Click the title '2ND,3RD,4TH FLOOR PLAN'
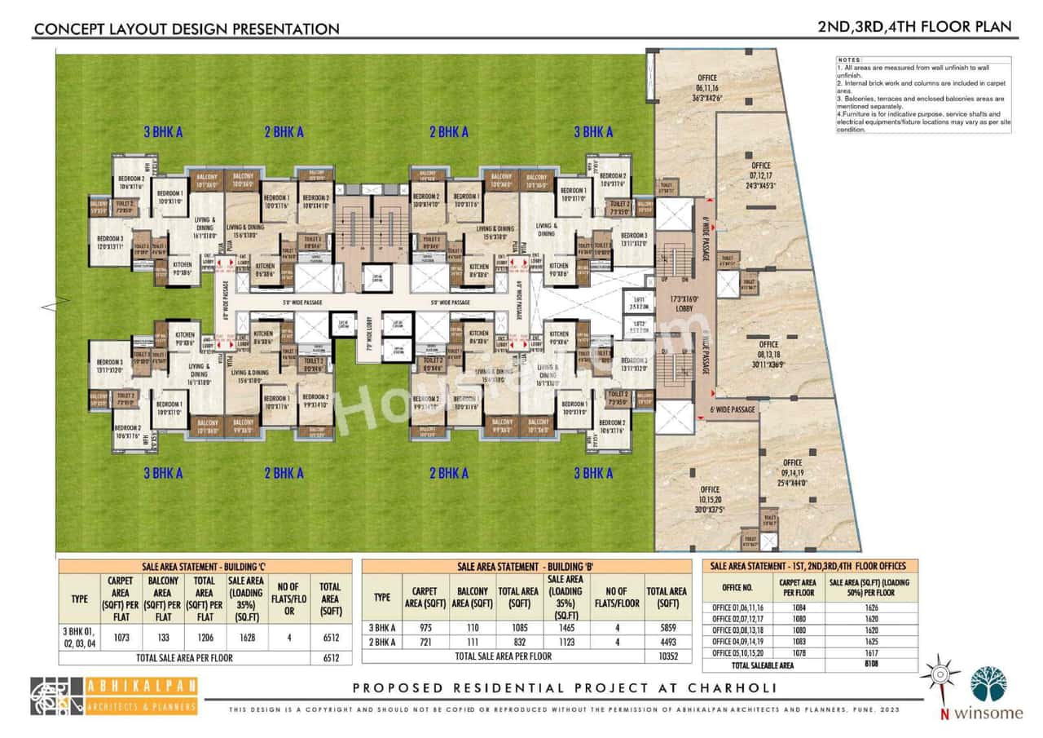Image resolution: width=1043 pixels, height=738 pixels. (x=914, y=27)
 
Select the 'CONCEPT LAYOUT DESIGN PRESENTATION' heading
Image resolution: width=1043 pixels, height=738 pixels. (x=186, y=29)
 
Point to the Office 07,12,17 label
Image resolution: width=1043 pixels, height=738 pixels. (x=759, y=175)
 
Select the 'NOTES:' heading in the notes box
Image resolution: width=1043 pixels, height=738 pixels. (x=850, y=61)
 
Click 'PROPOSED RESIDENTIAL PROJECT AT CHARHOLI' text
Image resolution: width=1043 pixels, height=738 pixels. (x=564, y=688)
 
